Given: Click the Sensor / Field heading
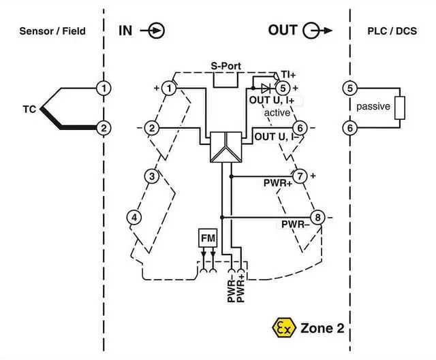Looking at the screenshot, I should tap(52, 31).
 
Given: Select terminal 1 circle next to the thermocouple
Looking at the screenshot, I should tap(103, 88).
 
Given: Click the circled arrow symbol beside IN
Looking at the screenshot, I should tap(157, 30).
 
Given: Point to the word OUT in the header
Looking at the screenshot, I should tap(283, 30).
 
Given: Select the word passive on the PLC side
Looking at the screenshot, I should tap(373, 107).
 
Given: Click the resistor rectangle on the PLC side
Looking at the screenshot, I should tap(401, 108).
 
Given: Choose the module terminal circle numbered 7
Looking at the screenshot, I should tap(300, 176).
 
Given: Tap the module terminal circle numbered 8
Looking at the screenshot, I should tap(317, 218).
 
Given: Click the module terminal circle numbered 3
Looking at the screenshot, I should tap(152, 176).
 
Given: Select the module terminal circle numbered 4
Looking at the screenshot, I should tap(135, 217).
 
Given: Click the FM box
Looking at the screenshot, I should tap(207, 238).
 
